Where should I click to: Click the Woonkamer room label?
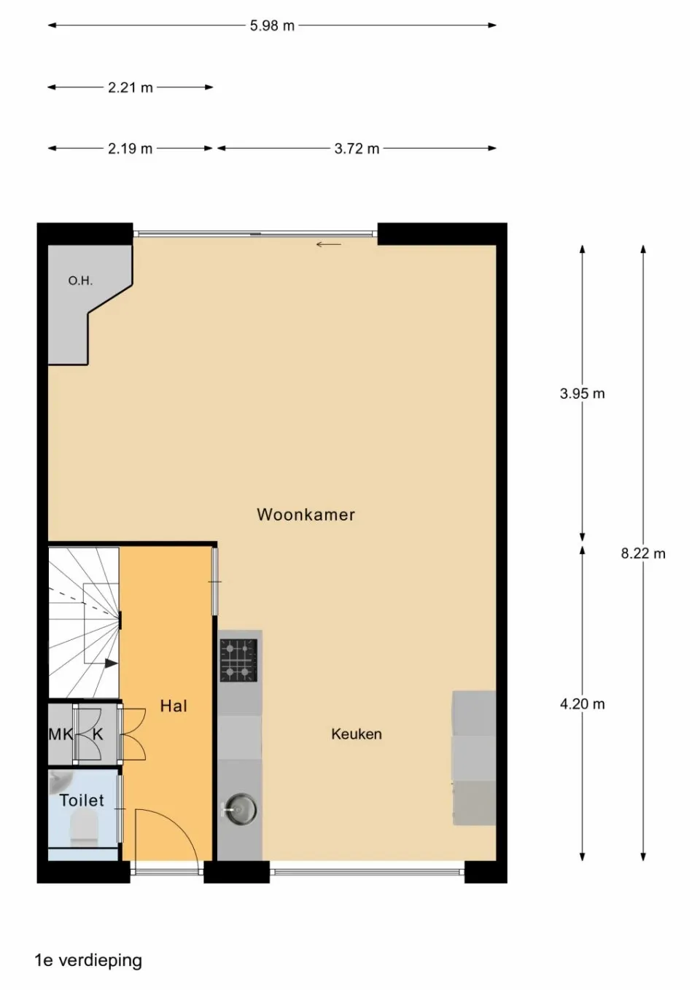(x=306, y=515)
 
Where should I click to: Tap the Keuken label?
(x=356, y=734)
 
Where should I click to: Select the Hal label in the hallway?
(x=174, y=706)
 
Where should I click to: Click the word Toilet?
(x=82, y=800)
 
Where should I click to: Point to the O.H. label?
(x=80, y=281)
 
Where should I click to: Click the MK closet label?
(x=60, y=734)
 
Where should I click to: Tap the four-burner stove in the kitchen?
(x=238, y=660)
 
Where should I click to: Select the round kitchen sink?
(x=239, y=809)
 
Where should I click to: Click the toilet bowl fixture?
(x=83, y=830)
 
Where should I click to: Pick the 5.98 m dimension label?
(x=272, y=26)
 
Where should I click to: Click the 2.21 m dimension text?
(x=131, y=87)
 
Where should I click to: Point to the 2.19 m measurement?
(x=131, y=149)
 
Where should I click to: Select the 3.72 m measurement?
(x=357, y=149)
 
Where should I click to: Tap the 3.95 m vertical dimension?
(x=582, y=394)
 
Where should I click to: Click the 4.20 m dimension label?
(x=582, y=704)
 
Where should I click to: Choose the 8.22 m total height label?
(x=643, y=553)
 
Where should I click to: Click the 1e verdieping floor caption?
(x=88, y=960)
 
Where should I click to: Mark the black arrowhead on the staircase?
(x=111, y=663)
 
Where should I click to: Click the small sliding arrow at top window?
(x=328, y=244)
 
